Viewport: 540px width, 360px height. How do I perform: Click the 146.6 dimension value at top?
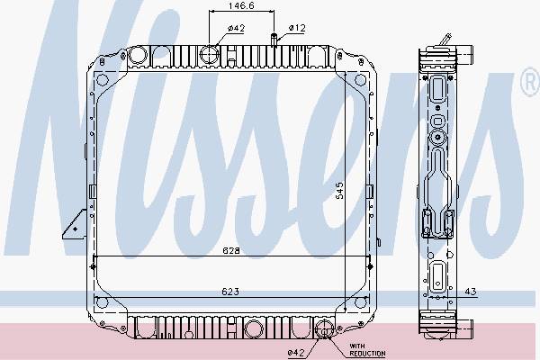(x=241, y=5)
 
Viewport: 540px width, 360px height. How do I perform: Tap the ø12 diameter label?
(x=297, y=28)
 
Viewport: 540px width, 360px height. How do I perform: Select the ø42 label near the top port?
(x=236, y=29)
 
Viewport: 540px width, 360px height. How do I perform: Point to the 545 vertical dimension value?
(x=339, y=191)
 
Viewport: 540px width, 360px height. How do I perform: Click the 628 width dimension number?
(x=230, y=250)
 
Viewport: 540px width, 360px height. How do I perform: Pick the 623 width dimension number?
(x=230, y=292)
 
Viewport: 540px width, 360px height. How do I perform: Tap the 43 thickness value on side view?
(x=471, y=292)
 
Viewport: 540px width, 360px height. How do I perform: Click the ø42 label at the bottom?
(x=296, y=353)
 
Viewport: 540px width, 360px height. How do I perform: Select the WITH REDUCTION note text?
(x=367, y=350)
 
